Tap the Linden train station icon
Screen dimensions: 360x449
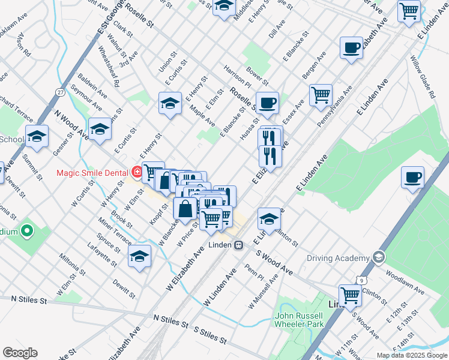click(239, 245)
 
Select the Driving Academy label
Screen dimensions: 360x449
click(338, 259)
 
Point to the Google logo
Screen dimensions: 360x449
click(20, 353)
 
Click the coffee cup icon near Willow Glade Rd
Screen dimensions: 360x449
click(412, 178)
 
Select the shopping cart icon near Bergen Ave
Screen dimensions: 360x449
click(321, 95)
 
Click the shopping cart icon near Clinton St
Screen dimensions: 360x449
click(350, 295)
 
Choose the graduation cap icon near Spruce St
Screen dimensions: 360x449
click(139, 256)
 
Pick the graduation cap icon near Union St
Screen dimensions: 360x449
click(170, 103)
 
